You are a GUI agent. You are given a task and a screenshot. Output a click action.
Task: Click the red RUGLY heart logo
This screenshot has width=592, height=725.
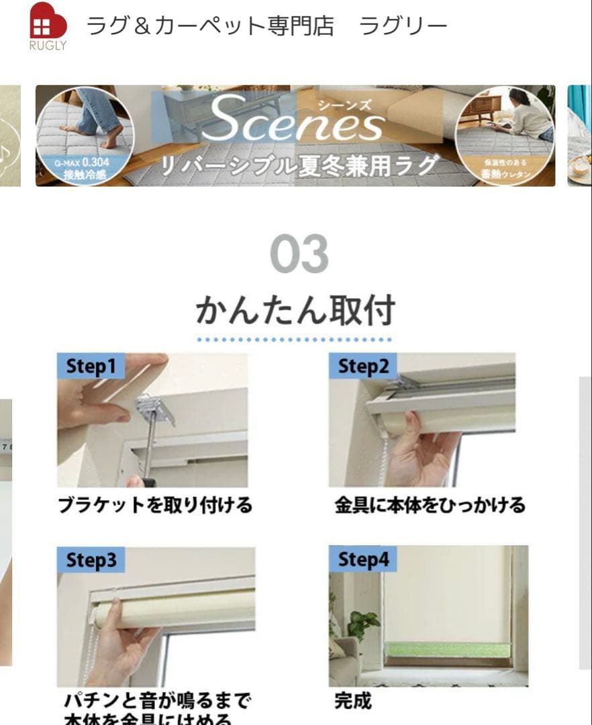coord(48,21)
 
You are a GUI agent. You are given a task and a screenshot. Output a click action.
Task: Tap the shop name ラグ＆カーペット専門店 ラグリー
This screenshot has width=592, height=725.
coord(266,26)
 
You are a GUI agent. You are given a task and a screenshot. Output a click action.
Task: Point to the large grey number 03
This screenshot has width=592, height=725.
coord(299,254)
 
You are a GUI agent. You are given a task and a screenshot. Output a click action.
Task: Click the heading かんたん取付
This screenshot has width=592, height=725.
coord(295,311)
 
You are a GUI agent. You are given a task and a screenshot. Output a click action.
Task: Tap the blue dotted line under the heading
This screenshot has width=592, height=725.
coord(295,340)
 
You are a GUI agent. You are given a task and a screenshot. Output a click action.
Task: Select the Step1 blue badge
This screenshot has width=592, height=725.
coord(91,366)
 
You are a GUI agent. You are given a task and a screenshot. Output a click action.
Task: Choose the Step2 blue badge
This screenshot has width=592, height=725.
coord(362,366)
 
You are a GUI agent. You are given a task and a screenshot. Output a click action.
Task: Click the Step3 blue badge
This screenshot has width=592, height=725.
coord(91,560)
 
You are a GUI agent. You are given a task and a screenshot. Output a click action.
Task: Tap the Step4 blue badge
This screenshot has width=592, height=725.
coord(362,559)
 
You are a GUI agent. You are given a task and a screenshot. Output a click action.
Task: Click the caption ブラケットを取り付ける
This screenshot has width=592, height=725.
coord(154,505)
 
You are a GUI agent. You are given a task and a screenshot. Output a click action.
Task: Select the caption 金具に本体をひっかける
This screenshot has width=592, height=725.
coord(430,505)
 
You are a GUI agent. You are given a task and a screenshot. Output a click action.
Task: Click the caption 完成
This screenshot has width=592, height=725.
coord(352,702)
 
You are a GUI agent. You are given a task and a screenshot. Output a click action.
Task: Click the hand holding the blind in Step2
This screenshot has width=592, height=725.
coord(422,450)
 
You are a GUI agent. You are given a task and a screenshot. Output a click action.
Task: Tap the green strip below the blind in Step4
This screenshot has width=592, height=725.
coord(447,650)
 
